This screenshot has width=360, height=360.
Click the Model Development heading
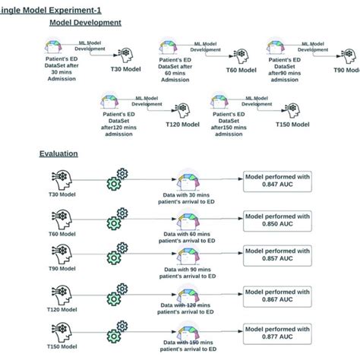pos(85,23)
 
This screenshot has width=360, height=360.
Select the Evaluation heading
pos(58,153)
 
